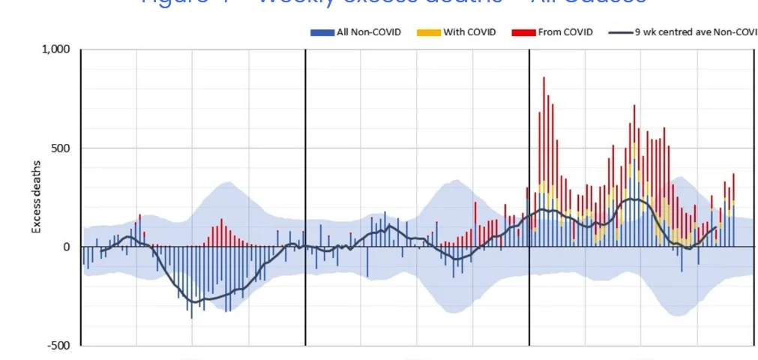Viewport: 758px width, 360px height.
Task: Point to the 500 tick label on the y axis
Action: [x=60, y=148]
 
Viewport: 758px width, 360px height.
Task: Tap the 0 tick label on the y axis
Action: [x=66, y=247]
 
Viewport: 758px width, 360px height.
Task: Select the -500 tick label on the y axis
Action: [x=58, y=346]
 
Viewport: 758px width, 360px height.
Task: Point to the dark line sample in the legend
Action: [x=619, y=33]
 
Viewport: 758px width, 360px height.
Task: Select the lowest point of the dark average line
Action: [x=195, y=301]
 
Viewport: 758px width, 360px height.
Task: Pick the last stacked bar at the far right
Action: [x=733, y=187]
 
